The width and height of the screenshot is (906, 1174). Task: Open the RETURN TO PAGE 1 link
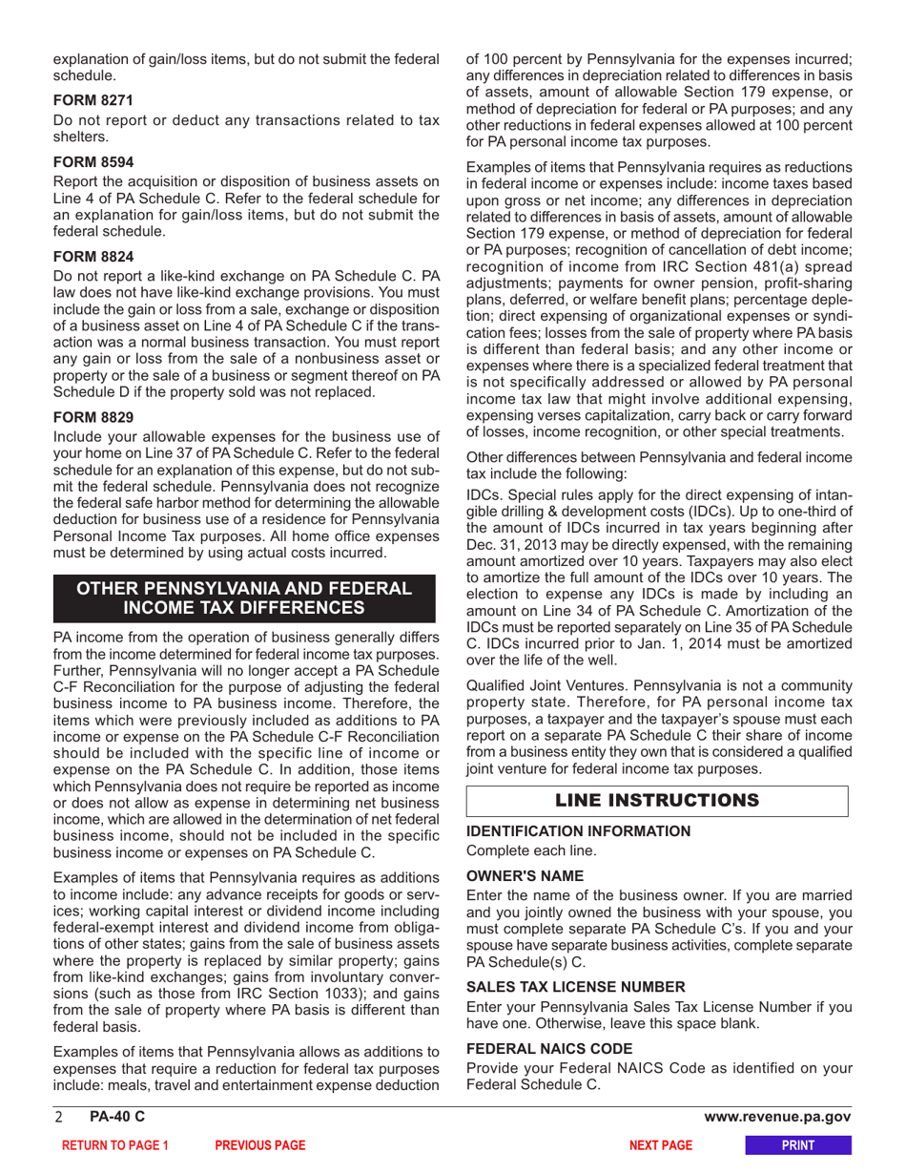point(114,1145)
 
